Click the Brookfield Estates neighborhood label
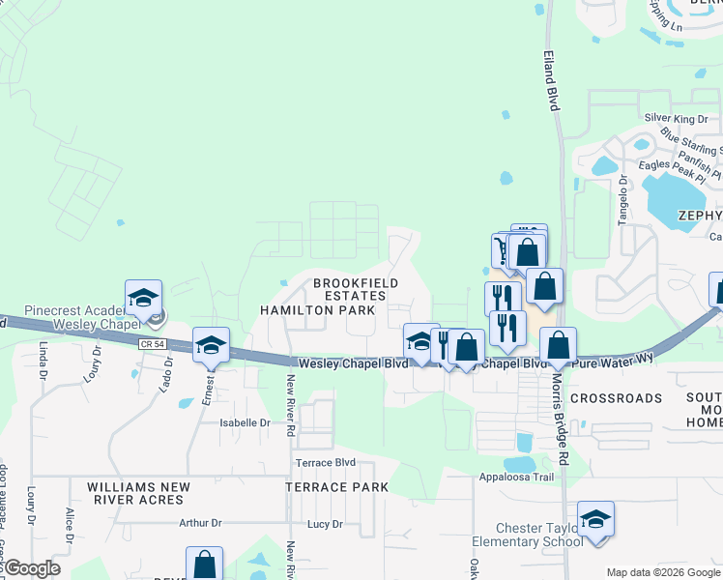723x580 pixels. [355, 288]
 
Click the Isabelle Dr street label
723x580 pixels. [246, 422]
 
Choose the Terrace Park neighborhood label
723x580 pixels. [336, 487]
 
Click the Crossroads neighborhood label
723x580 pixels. [616, 398]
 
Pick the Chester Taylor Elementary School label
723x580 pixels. [539, 535]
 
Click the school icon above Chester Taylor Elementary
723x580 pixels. [595, 519]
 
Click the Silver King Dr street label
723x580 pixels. [676, 118]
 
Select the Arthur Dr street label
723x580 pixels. [200, 523]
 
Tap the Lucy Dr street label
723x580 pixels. [324, 524]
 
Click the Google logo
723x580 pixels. [32, 568]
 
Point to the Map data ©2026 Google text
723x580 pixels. [662, 572]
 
